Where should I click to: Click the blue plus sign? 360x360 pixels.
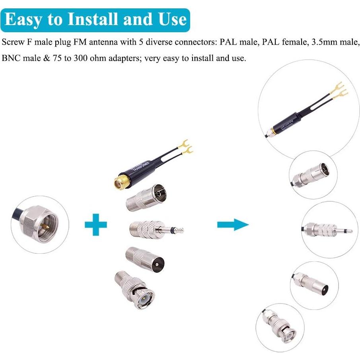tap(96, 225)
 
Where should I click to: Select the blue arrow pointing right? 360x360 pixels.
tap(233, 225)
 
